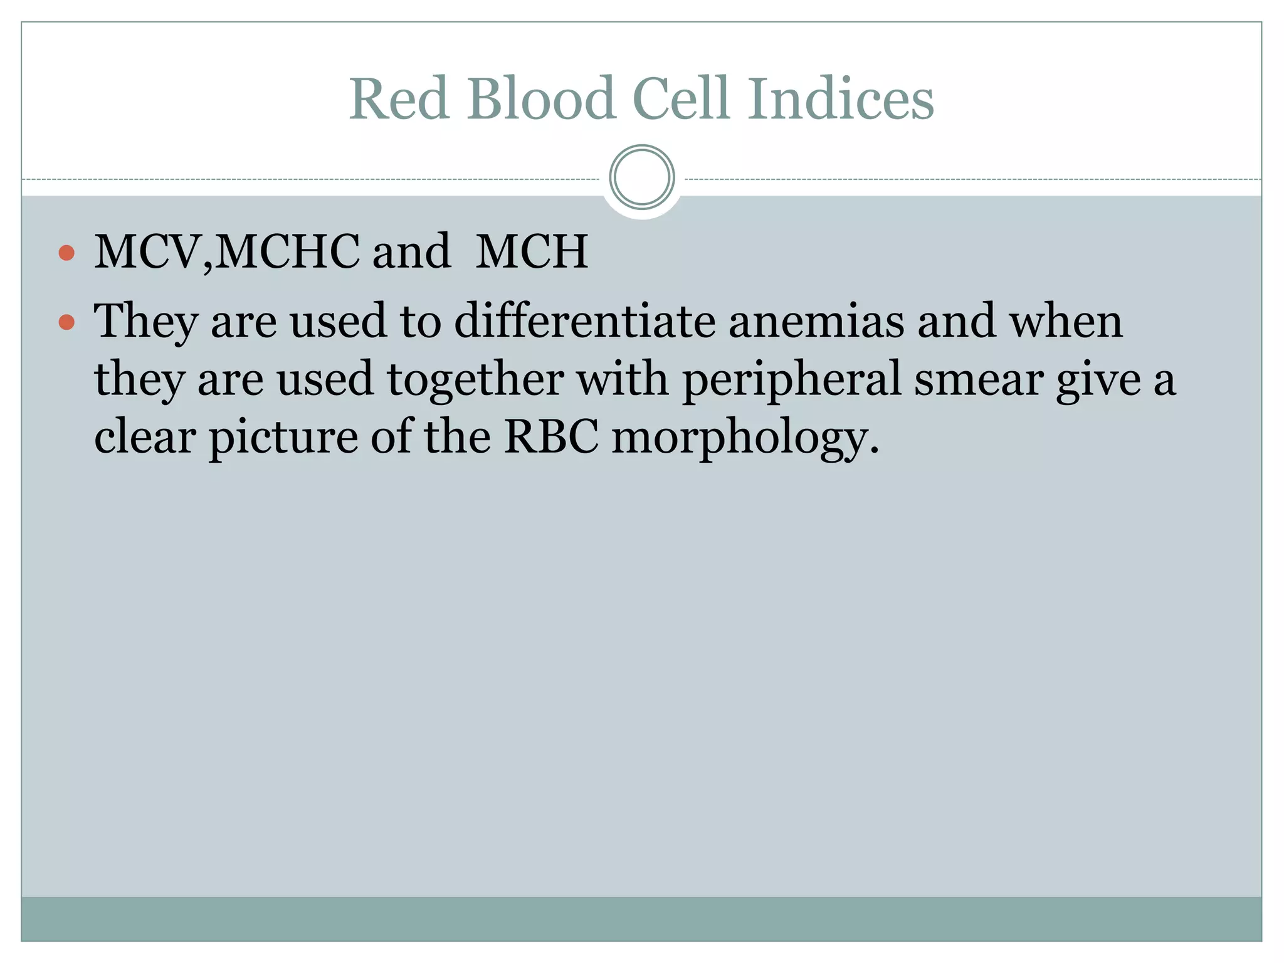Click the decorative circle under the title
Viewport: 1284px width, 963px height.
(641, 177)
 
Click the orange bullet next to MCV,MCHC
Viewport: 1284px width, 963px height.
(66, 253)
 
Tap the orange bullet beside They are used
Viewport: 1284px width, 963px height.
(66, 322)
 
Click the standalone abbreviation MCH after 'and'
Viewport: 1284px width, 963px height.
(532, 252)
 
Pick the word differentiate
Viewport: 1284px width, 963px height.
(584, 321)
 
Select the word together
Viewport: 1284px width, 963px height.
(475, 380)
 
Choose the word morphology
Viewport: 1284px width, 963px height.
(745, 438)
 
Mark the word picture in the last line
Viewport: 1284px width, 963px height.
(283, 438)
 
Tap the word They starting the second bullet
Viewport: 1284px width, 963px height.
(145, 321)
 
